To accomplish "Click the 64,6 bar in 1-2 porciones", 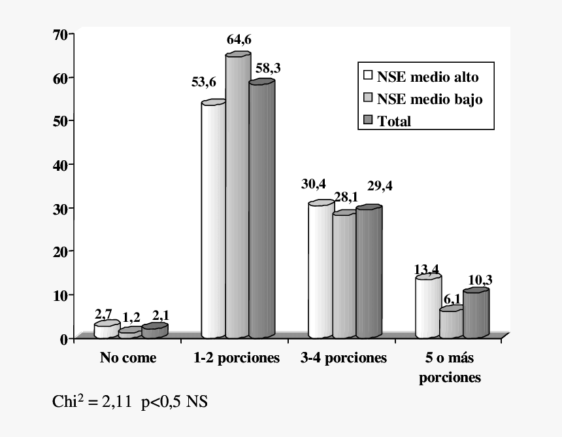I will [237, 196].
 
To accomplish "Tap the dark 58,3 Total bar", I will [261, 209].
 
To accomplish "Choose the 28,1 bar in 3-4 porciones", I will [344, 275].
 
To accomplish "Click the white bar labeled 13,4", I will [427, 307].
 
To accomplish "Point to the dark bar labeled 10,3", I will [475, 315].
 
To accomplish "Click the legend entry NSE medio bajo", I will [423, 99].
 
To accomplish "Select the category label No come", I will [128, 358].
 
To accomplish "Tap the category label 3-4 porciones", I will [344, 358].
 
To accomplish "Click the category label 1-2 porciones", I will [237, 358].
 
